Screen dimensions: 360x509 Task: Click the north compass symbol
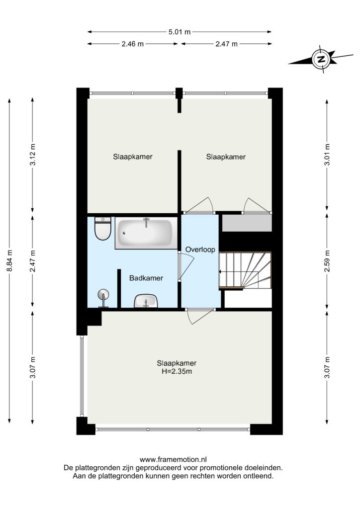point(321,59)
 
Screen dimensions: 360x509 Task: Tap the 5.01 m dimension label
point(179,32)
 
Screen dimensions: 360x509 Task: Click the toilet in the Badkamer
point(102,229)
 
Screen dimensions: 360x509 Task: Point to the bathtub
point(146,233)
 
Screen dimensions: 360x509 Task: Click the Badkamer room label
point(146,278)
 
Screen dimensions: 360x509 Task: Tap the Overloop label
point(200,250)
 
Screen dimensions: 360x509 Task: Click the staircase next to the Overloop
point(245,270)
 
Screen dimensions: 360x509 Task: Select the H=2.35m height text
point(177,371)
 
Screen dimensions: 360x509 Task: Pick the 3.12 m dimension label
point(32,155)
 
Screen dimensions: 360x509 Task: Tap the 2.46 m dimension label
point(132,44)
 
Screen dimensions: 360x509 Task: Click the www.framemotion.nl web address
point(173,459)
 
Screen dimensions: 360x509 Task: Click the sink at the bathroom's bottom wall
point(146,301)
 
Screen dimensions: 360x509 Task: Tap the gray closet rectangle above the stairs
point(247,223)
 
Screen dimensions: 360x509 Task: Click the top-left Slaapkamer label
point(133,157)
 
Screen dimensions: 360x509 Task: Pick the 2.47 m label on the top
point(226,44)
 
